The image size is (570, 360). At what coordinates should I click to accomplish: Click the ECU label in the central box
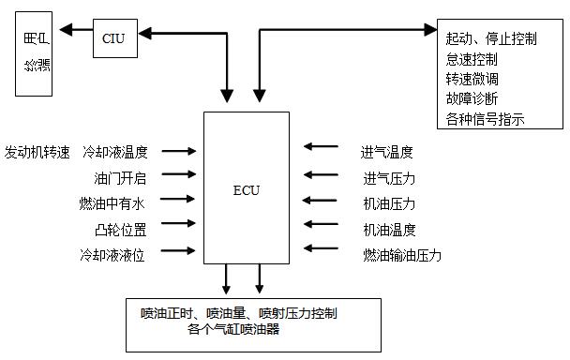247,190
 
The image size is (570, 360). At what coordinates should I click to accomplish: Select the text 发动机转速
37,151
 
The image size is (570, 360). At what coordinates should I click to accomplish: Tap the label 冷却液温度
122,151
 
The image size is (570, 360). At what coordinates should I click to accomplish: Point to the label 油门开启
127,176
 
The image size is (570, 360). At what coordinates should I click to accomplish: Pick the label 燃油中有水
121,202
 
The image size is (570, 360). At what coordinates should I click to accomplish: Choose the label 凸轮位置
127,228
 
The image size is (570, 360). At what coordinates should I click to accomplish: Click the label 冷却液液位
121,254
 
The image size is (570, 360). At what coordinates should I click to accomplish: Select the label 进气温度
387,151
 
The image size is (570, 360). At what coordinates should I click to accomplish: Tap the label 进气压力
387,178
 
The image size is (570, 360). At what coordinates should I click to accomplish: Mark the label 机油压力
387,203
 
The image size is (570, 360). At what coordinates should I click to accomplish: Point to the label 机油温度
387,229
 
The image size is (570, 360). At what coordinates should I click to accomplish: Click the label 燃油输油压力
401,254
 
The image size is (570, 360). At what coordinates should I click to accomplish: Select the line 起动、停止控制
492,38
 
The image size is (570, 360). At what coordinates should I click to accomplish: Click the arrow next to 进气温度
321,147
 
